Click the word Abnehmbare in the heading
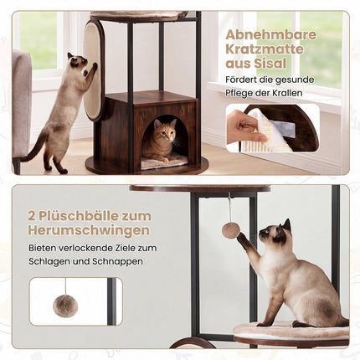pyautogui.click(x=271, y=35)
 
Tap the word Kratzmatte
pyautogui.click(x=265, y=49)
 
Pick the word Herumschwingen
pyautogui.click(x=89, y=231)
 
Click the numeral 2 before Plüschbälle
pyautogui.click(x=32, y=216)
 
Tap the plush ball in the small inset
pyautogui.click(x=65, y=306)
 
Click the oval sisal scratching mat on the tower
pyautogui.click(x=93, y=70)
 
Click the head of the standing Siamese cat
pyautogui.click(x=77, y=61)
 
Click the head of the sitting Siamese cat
pyautogui.click(x=275, y=233)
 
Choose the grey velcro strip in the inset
pyautogui.click(x=282, y=127)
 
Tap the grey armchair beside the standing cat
pyautogui.click(x=22, y=107)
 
